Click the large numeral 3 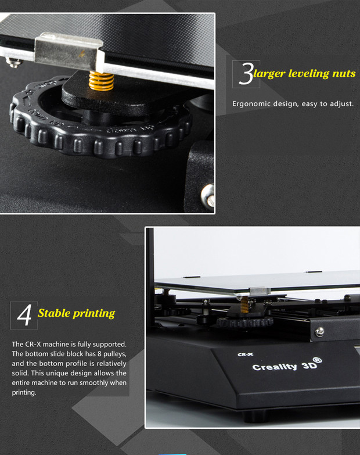[x=246, y=74]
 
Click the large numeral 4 [x=24, y=315]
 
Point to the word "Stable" [x=54, y=313]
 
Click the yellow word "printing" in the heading [x=94, y=314]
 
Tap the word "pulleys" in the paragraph [x=114, y=354]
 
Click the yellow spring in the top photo [x=101, y=81]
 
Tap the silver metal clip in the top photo [x=69, y=52]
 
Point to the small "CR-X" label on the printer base [x=245, y=354]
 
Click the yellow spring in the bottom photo [x=244, y=304]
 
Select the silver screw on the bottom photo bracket [x=319, y=332]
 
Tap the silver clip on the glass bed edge [x=260, y=291]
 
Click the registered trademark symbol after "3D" [x=318, y=360]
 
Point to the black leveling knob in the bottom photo [x=245, y=321]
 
